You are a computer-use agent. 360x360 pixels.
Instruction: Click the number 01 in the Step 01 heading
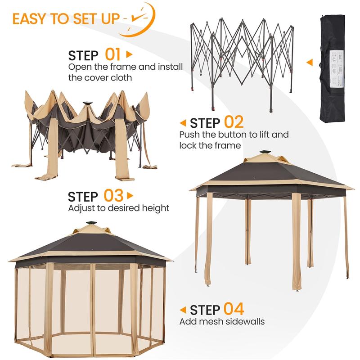(x=112, y=54)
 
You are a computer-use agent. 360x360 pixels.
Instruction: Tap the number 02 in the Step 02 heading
(x=234, y=122)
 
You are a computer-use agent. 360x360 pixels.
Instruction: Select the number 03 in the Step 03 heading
(x=113, y=196)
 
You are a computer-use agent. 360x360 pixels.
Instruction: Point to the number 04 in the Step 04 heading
(x=234, y=309)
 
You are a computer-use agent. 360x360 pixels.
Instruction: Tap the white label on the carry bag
(x=337, y=68)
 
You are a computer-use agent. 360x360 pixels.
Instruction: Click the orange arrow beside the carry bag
(x=310, y=62)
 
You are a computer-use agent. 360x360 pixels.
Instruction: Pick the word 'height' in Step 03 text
(x=155, y=208)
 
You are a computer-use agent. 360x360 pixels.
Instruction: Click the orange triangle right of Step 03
(x=130, y=196)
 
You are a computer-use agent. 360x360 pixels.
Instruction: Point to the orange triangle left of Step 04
(x=183, y=310)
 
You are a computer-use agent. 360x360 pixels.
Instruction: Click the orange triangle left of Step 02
(x=183, y=123)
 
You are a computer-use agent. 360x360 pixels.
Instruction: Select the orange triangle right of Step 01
(x=130, y=54)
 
